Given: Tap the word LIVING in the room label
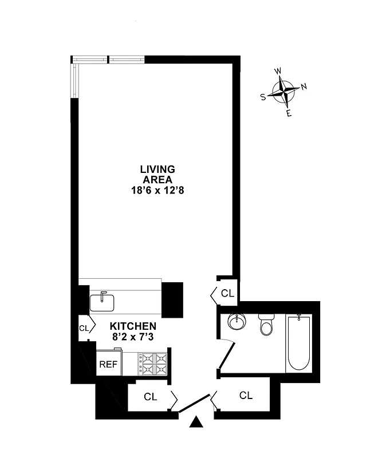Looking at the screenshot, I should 157,169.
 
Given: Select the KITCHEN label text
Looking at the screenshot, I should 133,325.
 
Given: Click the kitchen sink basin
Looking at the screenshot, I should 103,301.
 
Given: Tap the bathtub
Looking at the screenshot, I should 299,342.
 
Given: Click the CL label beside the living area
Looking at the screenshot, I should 227,294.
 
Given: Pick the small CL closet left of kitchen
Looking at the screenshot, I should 84,328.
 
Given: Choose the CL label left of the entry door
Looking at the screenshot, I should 150,396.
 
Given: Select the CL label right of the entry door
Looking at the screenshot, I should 246,395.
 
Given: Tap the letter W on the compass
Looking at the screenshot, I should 278,71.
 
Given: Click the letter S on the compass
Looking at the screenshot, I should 263,97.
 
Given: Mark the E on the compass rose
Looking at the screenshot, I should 289,113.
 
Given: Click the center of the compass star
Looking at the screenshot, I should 283,92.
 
